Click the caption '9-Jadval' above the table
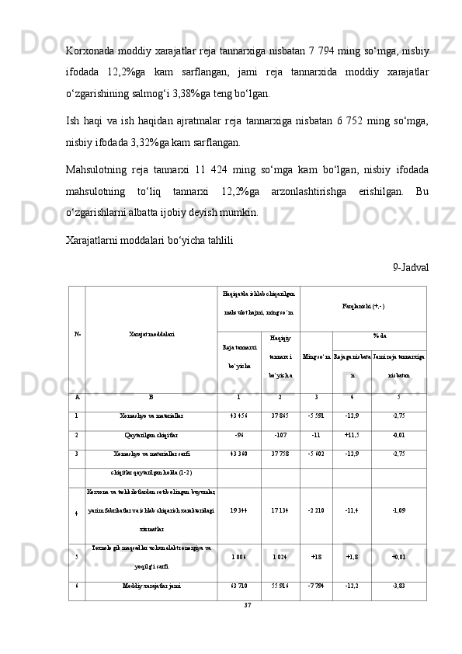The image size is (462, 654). click(x=411, y=266)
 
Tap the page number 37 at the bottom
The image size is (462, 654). click(x=248, y=604)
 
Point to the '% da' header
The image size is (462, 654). click(x=380, y=336)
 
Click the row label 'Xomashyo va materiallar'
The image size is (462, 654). click(x=151, y=416)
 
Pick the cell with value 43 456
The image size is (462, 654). click(x=238, y=416)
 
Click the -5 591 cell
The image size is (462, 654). click(x=315, y=416)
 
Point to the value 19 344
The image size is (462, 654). click(x=238, y=511)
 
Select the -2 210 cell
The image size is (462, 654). click(x=315, y=511)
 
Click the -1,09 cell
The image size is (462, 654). click(x=398, y=511)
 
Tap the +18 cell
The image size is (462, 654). click(x=315, y=557)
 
